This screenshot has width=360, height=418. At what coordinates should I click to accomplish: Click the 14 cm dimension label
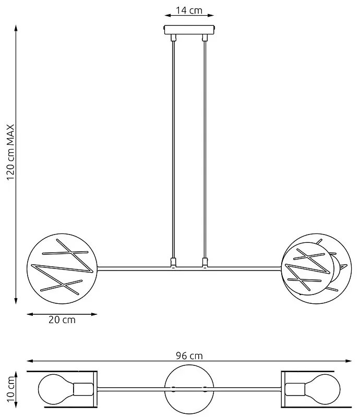189,10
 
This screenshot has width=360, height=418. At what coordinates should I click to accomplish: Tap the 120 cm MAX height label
10,152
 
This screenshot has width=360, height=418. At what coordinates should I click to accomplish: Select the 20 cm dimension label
62,319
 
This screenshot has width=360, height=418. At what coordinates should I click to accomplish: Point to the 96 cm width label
189,355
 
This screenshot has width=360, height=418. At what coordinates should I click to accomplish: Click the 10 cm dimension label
10,389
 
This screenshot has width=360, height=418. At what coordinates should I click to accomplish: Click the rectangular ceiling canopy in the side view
189,30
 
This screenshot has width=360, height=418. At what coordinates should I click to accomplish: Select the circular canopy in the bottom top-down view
189,389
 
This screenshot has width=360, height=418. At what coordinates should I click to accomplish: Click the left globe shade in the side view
62,269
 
